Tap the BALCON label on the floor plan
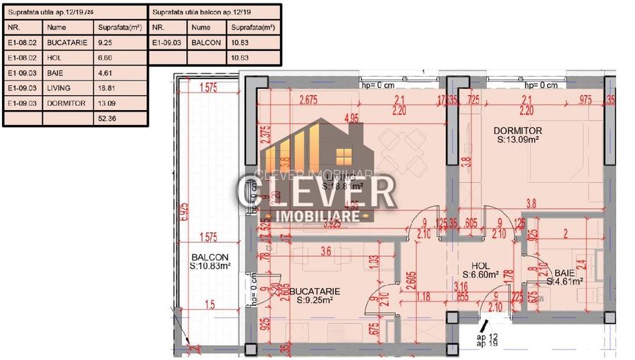tap(209, 257)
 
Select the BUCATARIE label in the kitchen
tap(315, 290)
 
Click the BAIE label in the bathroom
tap(564, 272)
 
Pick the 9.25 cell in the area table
tap(104, 42)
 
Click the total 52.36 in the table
tap(107, 119)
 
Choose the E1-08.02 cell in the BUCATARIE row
tap(22, 42)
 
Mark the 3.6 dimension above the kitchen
tap(326, 251)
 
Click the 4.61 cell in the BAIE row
tap(104, 73)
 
